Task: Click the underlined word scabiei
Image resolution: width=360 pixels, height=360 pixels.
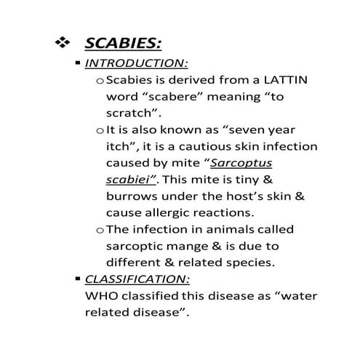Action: pos(132,180)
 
